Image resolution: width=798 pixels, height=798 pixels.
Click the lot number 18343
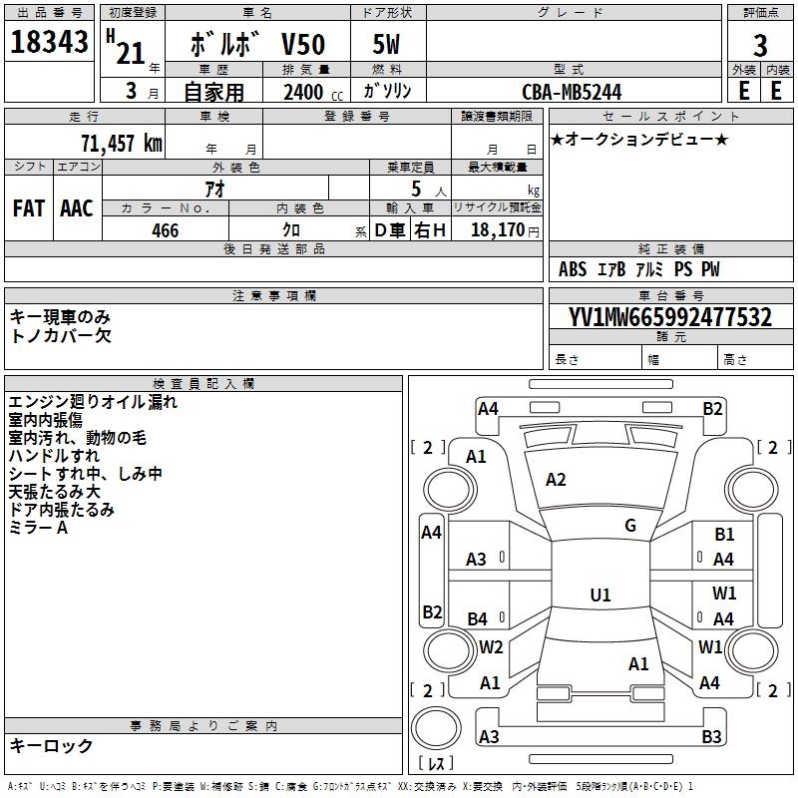[49, 41]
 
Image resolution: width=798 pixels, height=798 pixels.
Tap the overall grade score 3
[760, 45]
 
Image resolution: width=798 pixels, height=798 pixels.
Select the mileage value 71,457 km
[122, 143]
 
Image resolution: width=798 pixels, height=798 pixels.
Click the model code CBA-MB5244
[572, 92]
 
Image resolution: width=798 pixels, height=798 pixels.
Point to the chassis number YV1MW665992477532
[670, 317]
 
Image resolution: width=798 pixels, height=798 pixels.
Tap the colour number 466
[165, 230]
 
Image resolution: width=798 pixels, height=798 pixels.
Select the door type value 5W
[386, 44]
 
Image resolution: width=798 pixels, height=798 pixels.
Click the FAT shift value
[29, 208]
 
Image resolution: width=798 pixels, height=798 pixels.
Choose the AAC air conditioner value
[77, 208]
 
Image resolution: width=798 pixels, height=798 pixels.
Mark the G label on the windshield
[630, 526]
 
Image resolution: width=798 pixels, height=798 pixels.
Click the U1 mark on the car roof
[600, 595]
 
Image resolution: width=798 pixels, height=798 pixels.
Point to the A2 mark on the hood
[556, 480]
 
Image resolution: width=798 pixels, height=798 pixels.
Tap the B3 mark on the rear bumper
[711, 736]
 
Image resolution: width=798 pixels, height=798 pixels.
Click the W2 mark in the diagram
[491, 646]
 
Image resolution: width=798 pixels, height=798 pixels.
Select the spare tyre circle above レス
[436, 728]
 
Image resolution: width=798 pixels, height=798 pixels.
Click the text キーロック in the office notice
[51, 745]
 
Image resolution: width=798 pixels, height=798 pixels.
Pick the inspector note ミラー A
[38, 528]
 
